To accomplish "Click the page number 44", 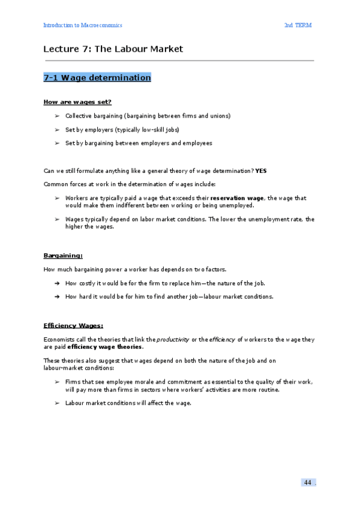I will [307, 483].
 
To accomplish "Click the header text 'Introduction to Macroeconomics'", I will [83, 25].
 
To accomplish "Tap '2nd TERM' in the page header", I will [298, 25].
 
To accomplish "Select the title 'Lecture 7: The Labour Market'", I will [113, 49].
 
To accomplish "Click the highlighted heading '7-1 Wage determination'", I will [97, 77].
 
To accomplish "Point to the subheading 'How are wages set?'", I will [77, 102].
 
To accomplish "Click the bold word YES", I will [261, 171].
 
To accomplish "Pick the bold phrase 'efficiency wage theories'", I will [105, 346].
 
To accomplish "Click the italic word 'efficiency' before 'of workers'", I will [222, 339].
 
